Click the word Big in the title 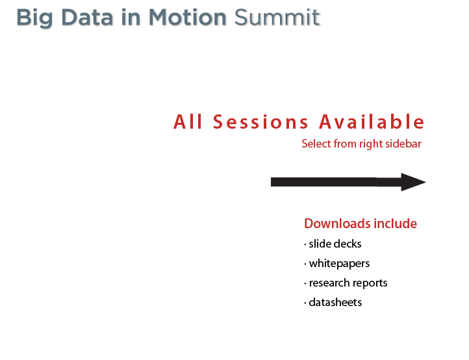point(34,18)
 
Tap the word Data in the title point(87,18)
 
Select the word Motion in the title point(188,18)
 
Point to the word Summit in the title point(277,18)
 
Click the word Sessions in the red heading point(260,122)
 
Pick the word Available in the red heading point(372,122)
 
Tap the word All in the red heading point(188,122)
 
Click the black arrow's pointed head point(425,182)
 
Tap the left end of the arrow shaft point(271,182)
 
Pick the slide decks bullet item point(333,244)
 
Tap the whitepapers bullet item point(336,264)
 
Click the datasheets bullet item point(333,302)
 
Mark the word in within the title point(131,18)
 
